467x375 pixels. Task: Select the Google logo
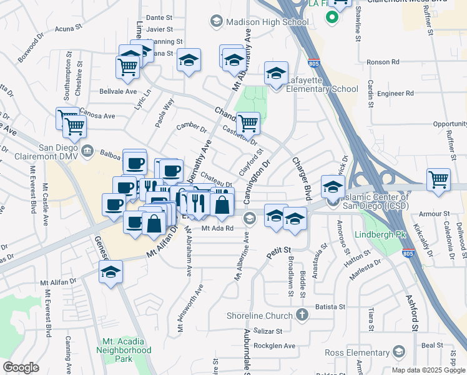[21, 367]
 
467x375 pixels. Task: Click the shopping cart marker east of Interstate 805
[438, 180]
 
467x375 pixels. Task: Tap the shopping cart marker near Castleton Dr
[248, 123]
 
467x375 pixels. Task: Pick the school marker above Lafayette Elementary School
[275, 72]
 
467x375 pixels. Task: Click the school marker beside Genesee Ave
[111, 272]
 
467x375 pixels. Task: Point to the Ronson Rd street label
[383, 62]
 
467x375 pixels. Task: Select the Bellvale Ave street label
[118, 91]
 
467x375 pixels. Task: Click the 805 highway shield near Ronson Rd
[313, 63]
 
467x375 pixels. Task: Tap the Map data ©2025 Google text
[428, 370]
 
